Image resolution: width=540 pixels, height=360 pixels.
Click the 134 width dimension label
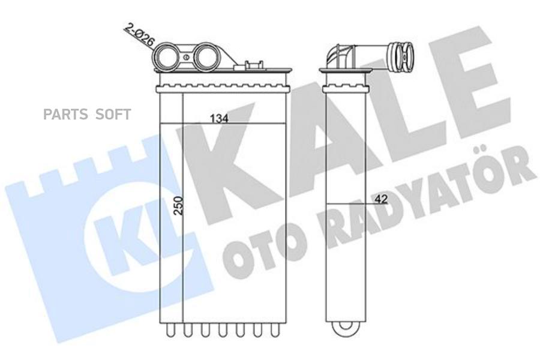pyautogui.click(x=219, y=119)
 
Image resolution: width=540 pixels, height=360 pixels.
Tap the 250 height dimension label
pyautogui.click(x=178, y=206)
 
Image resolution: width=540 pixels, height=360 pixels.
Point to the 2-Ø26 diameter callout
pyautogui.click(x=139, y=35)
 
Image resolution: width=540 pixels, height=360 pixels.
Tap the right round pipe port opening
pyautogui.click(x=206, y=56)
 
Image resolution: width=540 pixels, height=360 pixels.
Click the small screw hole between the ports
pyautogui.click(x=187, y=57)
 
